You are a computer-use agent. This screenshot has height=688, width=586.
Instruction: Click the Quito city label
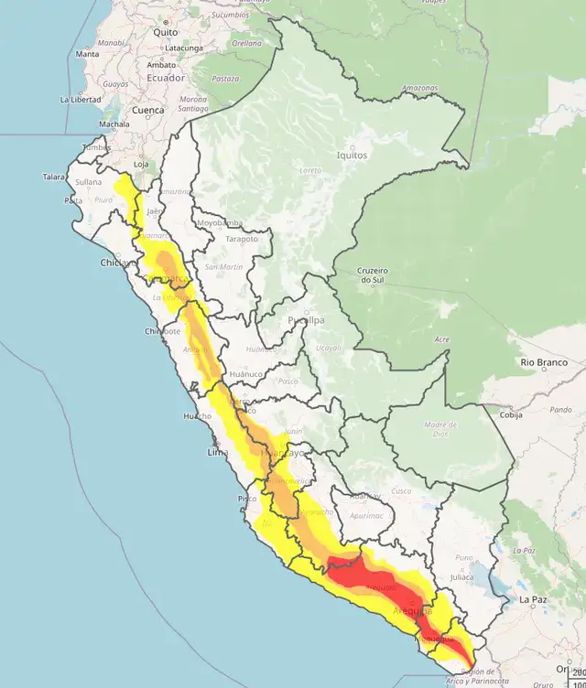166,32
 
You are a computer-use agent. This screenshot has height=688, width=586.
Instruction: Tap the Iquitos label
352,155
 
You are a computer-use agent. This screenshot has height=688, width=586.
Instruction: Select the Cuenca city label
147,110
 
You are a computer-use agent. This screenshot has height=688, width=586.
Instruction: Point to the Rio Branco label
539,363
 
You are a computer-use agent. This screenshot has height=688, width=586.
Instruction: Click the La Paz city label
532,600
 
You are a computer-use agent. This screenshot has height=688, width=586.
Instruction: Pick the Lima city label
218,453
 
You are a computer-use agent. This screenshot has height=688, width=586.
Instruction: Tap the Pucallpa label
305,320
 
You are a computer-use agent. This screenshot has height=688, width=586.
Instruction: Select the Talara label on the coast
54,177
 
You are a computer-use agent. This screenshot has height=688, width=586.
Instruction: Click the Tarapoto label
242,238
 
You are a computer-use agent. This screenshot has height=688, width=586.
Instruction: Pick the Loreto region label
310,170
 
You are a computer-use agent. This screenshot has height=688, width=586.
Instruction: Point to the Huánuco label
246,374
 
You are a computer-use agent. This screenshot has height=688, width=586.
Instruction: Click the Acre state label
442,340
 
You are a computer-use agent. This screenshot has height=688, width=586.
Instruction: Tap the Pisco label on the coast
247,499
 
